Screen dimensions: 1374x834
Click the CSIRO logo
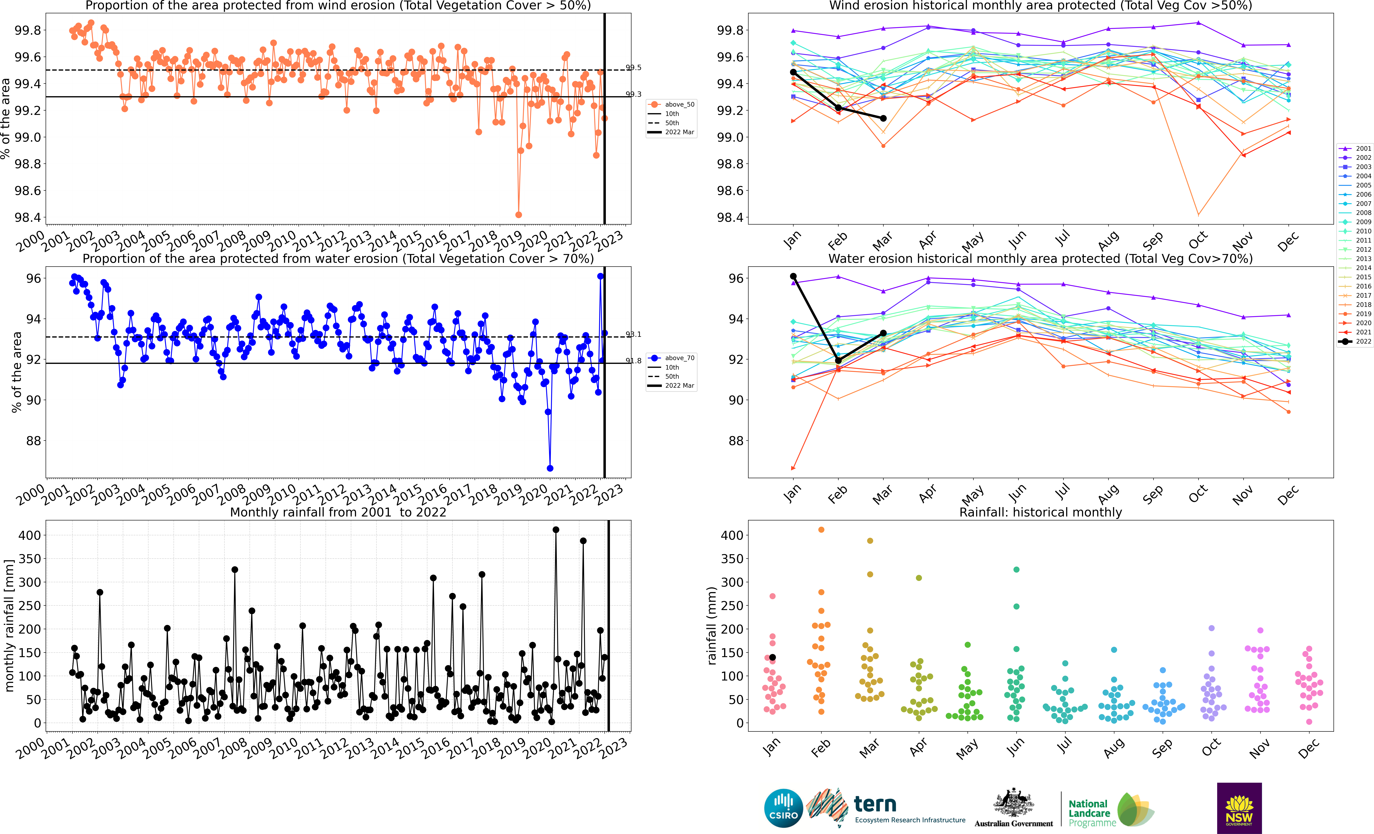tap(783, 808)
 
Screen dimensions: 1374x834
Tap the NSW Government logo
tap(1239, 808)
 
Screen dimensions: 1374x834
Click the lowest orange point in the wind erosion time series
tap(519, 215)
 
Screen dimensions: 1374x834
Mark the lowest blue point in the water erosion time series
tap(550, 468)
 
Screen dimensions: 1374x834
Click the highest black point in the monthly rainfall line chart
tap(555, 530)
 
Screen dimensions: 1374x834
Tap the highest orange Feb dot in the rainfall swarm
tap(821, 530)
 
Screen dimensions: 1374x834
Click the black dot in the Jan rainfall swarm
tap(772, 657)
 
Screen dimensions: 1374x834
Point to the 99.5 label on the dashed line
tap(634, 68)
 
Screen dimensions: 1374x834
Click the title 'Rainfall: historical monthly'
tap(1041, 512)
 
